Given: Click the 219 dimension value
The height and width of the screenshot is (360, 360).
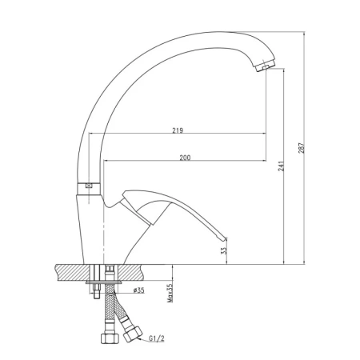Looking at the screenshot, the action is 178,130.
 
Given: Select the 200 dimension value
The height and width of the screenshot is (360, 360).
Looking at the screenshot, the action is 185,158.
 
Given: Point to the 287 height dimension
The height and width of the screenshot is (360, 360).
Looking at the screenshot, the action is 301,148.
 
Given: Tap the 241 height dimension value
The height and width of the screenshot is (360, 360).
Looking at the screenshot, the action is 281,166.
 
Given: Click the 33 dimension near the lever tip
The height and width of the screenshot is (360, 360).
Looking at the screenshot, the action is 223,250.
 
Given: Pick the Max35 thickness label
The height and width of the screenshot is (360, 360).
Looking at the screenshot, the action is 170,293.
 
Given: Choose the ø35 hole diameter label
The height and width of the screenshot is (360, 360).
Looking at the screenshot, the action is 138,290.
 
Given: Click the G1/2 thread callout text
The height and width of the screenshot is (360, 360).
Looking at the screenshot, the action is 157,338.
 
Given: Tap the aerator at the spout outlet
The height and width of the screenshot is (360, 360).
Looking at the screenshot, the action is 265,65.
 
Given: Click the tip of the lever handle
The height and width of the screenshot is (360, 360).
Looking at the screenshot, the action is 225,238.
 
